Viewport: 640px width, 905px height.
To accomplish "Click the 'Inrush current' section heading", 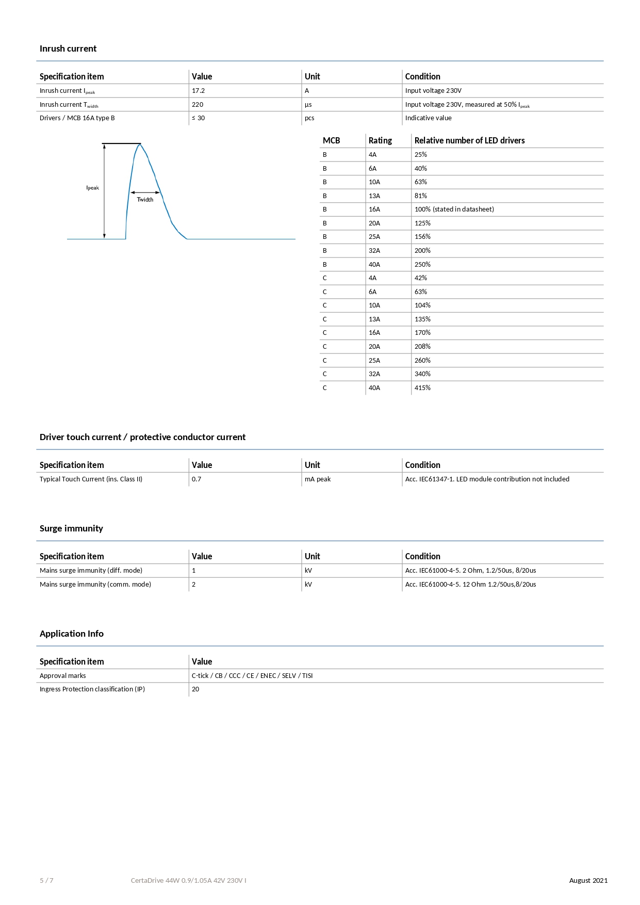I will pyautogui.click(x=68, y=49).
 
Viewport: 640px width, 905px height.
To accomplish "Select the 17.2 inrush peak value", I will pyautogui.click(x=198, y=91).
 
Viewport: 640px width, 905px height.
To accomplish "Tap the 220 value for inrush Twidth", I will pyautogui.click(x=198, y=104).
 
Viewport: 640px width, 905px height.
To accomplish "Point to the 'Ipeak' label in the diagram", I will pyautogui.click(x=93, y=188).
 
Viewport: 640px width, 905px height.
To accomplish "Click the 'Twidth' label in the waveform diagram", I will pyautogui.click(x=145, y=200).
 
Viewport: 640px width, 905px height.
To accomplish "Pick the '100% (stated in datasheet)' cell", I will pyautogui.click(x=454, y=209).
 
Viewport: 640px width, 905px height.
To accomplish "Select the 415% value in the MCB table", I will pyautogui.click(x=422, y=388).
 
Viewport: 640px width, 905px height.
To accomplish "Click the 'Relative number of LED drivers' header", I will pyautogui.click(x=469, y=140).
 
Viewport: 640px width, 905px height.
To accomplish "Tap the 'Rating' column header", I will pyautogui.click(x=380, y=140).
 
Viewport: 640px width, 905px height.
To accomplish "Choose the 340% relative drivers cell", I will pyautogui.click(x=422, y=374).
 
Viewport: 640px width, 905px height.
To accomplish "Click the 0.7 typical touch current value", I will pyautogui.click(x=196, y=479).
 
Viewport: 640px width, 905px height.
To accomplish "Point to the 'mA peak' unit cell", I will pyautogui.click(x=318, y=479).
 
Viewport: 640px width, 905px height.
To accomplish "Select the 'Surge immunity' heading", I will pyautogui.click(x=71, y=528).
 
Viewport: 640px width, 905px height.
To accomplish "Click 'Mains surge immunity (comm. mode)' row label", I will pyautogui.click(x=95, y=585).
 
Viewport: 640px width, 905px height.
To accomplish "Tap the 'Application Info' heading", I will pyautogui.click(x=72, y=634).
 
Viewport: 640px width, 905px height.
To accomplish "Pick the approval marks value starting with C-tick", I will pyautogui.click(x=252, y=676).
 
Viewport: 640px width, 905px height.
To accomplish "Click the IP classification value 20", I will pyautogui.click(x=195, y=689).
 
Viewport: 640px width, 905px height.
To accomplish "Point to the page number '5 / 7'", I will pyautogui.click(x=46, y=881).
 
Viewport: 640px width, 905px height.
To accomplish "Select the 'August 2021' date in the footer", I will pyautogui.click(x=588, y=881).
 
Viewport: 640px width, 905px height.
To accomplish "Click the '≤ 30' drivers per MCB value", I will pyautogui.click(x=198, y=118).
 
